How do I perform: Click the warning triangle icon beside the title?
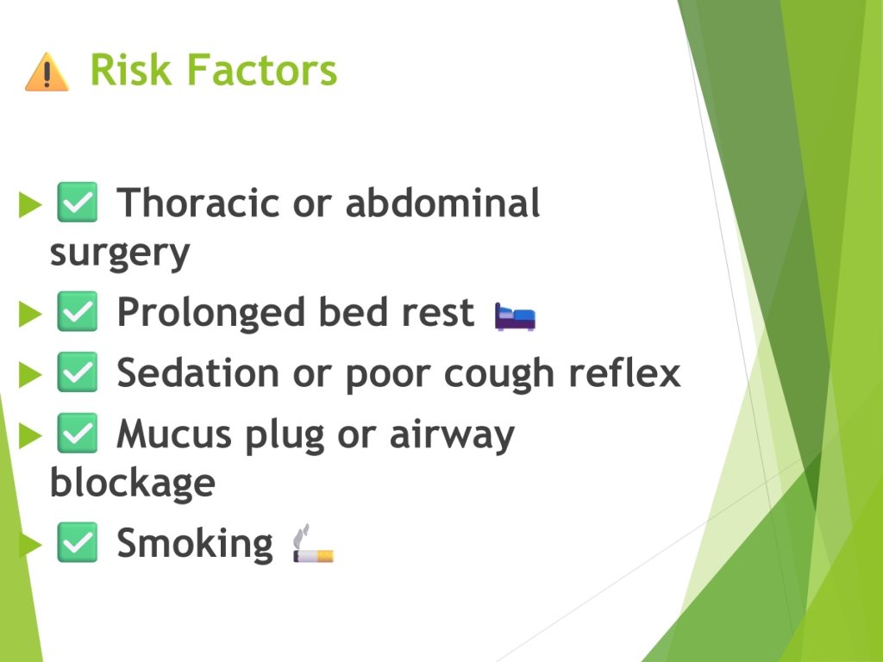coord(47,72)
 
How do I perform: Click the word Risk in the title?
coord(131,70)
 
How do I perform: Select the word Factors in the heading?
coord(262,70)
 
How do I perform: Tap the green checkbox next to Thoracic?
coord(77,202)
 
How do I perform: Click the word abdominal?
coord(442,203)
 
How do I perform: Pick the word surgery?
coord(120,254)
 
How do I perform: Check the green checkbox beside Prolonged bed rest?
coord(77,311)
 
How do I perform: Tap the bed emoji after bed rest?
coord(516,317)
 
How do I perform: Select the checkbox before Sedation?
coord(77,372)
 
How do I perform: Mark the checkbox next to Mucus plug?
coord(77,433)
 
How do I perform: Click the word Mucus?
coord(174,434)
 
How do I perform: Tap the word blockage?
coord(133,483)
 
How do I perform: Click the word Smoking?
coord(195,544)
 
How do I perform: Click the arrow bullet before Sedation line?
coord(30,374)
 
